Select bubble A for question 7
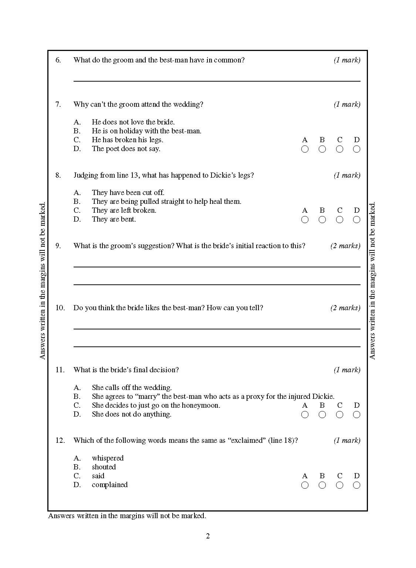click(305, 149)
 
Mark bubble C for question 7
click(339, 149)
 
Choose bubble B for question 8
click(322, 220)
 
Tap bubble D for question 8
click(357, 220)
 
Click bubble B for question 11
click(322, 415)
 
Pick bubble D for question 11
click(357, 415)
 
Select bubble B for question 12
click(322, 485)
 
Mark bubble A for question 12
click(305, 485)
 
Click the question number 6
click(58, 60)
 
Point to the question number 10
click(60, 308)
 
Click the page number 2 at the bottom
click(208, 536)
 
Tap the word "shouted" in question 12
click(104, 467)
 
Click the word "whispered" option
click(108, 458)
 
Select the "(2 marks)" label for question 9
click(345, 246)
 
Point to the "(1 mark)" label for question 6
click(347, 60)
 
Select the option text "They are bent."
click(114, 219)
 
